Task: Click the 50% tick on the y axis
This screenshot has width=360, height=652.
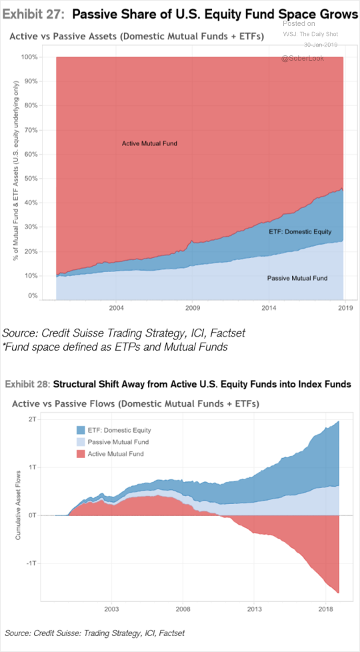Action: point(31,179)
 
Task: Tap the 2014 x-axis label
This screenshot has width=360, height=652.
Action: point(269,308)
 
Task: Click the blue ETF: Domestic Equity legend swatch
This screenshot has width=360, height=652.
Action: point(81,430)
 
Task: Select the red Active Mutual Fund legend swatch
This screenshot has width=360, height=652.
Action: point(81,453)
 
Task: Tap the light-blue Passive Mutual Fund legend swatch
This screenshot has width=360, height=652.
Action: point(81,441)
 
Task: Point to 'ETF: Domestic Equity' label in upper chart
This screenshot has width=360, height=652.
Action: point(300,231)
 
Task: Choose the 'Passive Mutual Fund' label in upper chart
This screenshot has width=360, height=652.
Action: point(297,278)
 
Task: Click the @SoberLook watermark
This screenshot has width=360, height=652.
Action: point(303,59)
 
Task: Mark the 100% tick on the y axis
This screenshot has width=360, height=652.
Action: point(30,57)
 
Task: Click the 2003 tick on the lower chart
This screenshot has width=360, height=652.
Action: point(111,609)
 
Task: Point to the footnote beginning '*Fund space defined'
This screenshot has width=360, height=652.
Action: point(115,347)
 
